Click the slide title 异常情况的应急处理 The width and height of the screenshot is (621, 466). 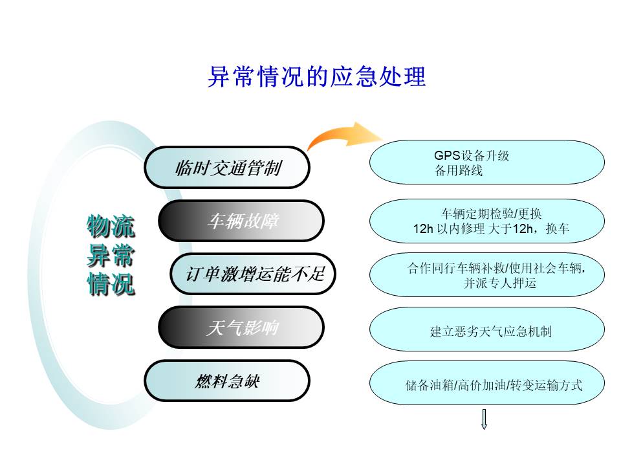[x=317, y=76]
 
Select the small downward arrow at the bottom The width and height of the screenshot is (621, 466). [x=484, y=419]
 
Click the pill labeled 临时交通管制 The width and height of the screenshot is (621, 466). [x=227, y=167]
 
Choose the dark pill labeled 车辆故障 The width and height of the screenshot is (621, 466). [x=241, y=221]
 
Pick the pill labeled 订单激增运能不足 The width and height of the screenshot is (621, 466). [x=253, y=274]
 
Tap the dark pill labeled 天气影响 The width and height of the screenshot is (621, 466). [x=241, y=327]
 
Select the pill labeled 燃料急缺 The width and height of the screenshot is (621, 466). [x=227, y=381]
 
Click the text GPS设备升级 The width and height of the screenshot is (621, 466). [x=472, y=155]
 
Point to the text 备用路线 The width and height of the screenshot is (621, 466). [x=459, y=170]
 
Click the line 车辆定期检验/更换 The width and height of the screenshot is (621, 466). [x=492, y=214]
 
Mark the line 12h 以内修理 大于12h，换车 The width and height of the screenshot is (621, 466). [x=491, y=228]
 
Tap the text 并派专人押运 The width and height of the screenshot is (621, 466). [x=500, y=283]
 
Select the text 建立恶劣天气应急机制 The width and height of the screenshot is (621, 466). [x=491, y=331]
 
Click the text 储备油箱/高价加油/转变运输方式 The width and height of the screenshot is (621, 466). [x=494, y=384]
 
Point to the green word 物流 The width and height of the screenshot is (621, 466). [x=111, y=227]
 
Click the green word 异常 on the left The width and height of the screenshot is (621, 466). [x=111, y=256]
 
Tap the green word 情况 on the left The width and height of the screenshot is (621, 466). [x=111, y=284]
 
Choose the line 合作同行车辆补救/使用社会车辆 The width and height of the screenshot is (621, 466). [x=496, y=268]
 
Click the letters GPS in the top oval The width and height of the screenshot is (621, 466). [x=447, y=155]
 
